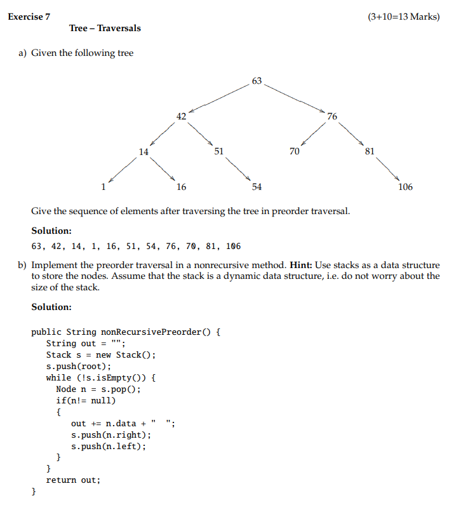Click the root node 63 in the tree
click(x=257, y=81)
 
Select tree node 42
click(x=182, y=116)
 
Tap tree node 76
click(x=333, y=116)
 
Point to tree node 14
click(x=144, y=151)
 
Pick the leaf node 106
click(x=405, y=187)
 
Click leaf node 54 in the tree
click(x=257, y=187)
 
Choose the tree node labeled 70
click(x=294, y=151)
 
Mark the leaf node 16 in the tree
click(x=182, y=187)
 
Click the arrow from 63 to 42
click(x=218, y=98)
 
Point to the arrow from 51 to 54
click(x=238, y=169)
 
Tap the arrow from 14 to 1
click(x=124, y=169)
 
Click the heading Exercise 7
click(x=29, y=17)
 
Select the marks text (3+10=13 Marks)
click(x=403, y=17)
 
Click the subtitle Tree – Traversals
click(x=105, y=28)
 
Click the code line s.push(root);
click(x=79, y=366)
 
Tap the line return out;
click(x=73, y=480)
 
